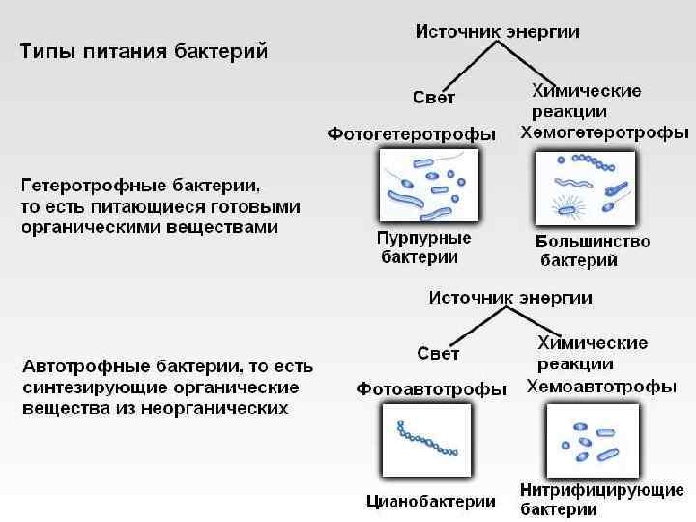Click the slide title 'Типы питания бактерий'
145,50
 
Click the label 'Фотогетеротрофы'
411,133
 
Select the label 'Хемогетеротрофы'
604,131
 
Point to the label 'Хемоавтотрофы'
600,387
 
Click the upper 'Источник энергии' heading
498,31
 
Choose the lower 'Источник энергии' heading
510,297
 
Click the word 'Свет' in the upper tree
434,97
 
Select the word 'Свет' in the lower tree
437,352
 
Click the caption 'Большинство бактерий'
592,250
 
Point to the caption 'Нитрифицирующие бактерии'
601,499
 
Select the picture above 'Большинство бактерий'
585,189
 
